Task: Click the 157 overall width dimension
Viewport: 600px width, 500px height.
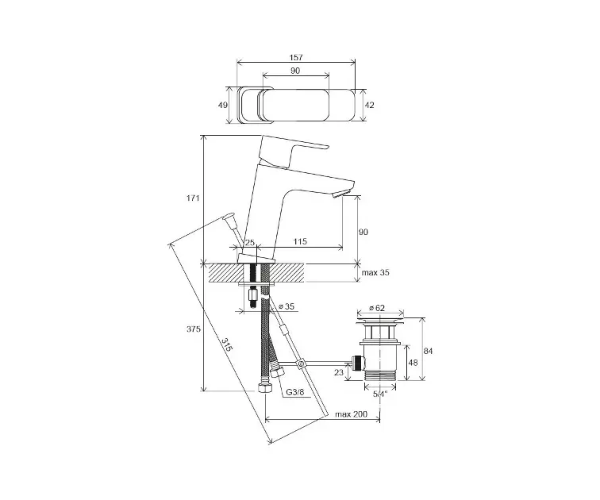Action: coord(296,57)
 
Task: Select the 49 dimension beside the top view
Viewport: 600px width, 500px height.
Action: coord(223,105)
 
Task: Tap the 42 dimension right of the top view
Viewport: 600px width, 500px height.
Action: coord(369,105)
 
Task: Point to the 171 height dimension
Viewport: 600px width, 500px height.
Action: coord(193,198)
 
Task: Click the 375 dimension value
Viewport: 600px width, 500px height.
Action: coord(194,329)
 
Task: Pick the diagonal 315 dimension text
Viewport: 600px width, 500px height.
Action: coord(227,345)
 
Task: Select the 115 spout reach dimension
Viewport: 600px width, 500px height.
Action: coord(300,241)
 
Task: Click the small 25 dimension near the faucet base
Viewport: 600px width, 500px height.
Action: coord(249,242)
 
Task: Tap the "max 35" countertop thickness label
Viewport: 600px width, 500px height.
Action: coord(375,273)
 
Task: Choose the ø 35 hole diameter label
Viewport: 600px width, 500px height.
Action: coord(287,306)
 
